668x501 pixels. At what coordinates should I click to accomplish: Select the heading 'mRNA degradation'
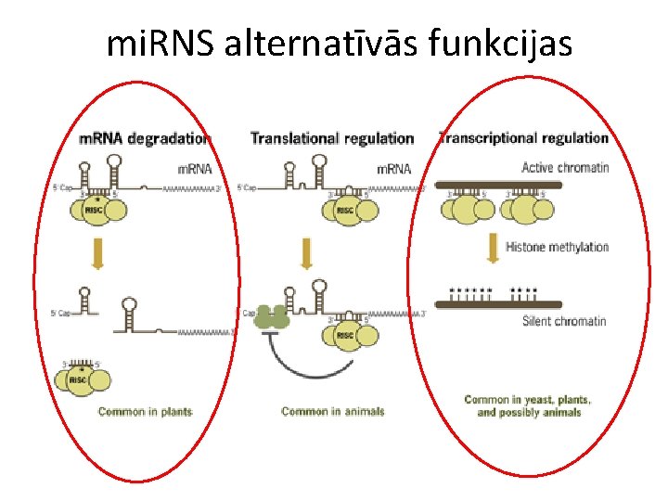click(143, 138)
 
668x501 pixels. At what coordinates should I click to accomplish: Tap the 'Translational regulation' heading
click(332, 138)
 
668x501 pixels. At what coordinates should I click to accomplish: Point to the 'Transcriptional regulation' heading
click(523, 138)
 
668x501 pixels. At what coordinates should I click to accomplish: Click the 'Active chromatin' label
click(565, 168)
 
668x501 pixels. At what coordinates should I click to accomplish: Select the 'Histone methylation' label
click(557, 247)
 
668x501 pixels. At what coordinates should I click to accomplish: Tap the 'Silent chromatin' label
click(564, 321)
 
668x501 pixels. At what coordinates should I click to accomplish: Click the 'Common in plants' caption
click(145, 411)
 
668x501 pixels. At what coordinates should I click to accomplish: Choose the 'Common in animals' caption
click(332, 411)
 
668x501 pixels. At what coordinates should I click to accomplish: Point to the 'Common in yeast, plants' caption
click(528, 401)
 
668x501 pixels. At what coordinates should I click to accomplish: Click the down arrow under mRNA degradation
click(97, 251)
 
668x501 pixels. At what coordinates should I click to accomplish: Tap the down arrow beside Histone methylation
click(491, 246)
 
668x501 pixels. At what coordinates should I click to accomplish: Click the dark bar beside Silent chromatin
click(498, 304)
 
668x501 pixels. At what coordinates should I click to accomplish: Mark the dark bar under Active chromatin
click(498, 185)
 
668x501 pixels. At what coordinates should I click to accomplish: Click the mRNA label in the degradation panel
click(194, 169)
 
